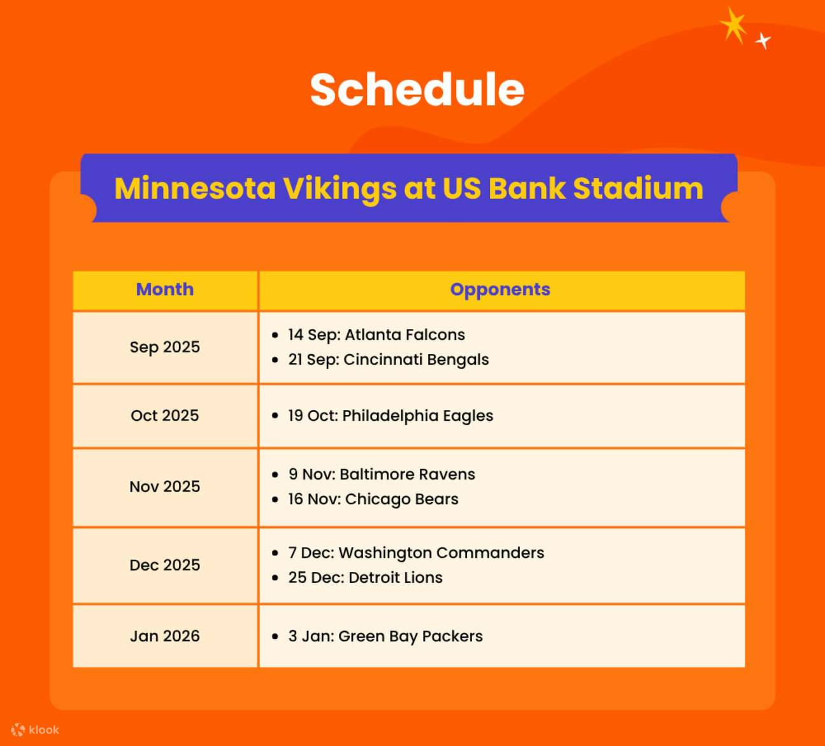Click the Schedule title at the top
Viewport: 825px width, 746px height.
pyautogui.click(x=417, y=89)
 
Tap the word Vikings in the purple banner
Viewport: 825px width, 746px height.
pyautogui.click(x=340, y=189)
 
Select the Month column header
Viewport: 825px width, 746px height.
pyautogui.click(x=164, y=289)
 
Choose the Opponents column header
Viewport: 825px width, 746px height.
pyautogui.click(x=500, y=289)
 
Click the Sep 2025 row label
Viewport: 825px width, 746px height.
pyautogui.click(x=164, y=347)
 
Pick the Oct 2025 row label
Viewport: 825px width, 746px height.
pyautogui.click(x=164, y=416)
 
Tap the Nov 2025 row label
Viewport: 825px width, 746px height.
pyautogui.click(x=164, y=486)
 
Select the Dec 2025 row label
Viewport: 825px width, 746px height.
pyautogui.click(x=164, y=565)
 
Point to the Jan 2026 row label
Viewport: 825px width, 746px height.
pyautogui.click(x=164, y=636)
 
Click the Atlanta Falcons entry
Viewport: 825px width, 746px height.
pyautogui.click(x=376, y=335)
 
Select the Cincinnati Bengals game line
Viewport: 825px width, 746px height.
pyautogui.click(x=388, y=360)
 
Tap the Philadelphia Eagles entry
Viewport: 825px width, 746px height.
pyautogui.click(x=390, y=416)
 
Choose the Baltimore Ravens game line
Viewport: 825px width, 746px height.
pyautogui.click(x=381, y=474)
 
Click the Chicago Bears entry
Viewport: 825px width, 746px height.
pyautogui.click(x=373, y=499)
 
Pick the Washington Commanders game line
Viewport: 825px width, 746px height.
pyautogui.click(x=415, y=553)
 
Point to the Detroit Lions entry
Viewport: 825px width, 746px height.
pyautogui.click(x=364, y=578)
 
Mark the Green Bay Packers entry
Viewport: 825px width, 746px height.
pyautogui.click(x=385, y=636)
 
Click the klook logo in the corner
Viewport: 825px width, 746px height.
pyautogui.click(x=35, y=730)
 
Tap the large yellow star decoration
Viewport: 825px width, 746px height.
pyautogui.click(x=734, y=26)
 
